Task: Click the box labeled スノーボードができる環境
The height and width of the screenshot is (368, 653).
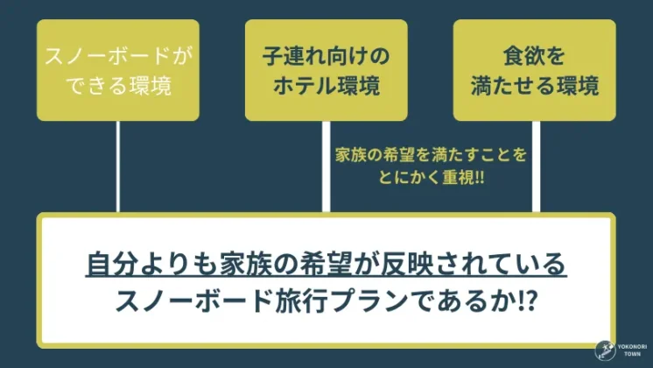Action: [117, 70]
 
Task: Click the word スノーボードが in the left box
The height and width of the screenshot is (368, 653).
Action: [117, 57]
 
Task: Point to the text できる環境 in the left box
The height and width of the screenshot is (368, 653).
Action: [117, 86]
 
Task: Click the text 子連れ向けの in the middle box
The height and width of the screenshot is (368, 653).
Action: [326, 57]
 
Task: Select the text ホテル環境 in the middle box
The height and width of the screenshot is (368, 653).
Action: [326, 86]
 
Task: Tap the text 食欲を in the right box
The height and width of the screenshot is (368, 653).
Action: [534, 57]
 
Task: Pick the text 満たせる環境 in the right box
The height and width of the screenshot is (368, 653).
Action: [534, 86]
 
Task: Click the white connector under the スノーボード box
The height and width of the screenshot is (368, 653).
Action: [117, 166]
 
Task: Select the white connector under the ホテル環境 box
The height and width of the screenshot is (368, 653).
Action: [326, 166]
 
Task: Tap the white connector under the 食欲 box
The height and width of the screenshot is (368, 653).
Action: [535, 166]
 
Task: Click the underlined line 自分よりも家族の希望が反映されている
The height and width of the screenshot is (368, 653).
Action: [326, 263]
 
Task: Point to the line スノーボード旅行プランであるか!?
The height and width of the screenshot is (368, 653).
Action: [326, 301]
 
